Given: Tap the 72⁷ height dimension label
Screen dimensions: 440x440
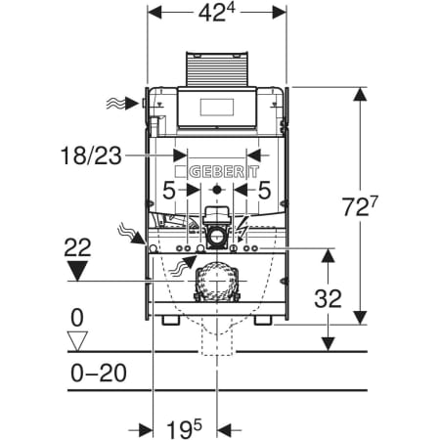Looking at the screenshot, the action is [360, 206].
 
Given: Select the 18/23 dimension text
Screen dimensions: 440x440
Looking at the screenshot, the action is [92, 155].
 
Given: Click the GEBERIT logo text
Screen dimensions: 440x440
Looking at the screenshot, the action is [224, 172].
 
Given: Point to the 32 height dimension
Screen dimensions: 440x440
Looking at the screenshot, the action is [328, 298].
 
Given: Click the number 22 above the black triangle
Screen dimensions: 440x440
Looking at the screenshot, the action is [77, 247].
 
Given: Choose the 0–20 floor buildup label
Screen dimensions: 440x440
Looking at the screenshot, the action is [99, 374].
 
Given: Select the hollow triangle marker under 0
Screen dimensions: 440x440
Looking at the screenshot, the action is [77, 341].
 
